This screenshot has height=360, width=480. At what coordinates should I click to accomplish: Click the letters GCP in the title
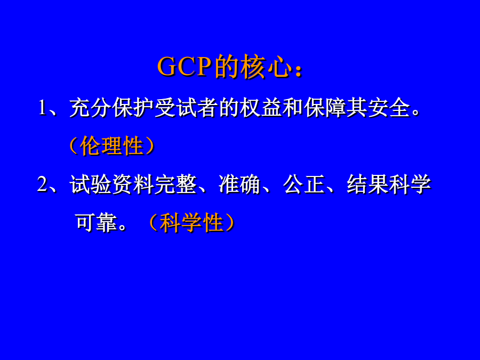point(185,67)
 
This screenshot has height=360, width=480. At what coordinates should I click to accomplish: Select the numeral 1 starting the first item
point(43,108)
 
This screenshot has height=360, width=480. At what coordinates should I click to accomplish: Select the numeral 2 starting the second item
point(43,185)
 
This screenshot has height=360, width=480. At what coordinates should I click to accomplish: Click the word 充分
point(90,108)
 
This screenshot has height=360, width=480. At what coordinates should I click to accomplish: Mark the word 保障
point(324,108)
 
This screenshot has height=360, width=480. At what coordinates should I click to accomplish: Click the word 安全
point(389,108)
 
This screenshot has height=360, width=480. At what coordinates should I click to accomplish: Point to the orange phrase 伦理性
point(112,146)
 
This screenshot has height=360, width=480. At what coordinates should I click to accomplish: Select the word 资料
point(133,185)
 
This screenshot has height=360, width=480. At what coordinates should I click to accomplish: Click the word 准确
point(239,185)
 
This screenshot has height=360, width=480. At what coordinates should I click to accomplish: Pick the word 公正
point(304,185)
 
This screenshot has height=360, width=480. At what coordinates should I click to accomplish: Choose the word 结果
point(367,185)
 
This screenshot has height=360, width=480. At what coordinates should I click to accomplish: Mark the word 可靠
point(96,222)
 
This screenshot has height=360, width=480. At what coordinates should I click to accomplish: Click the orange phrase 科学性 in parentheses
point(191,222)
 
